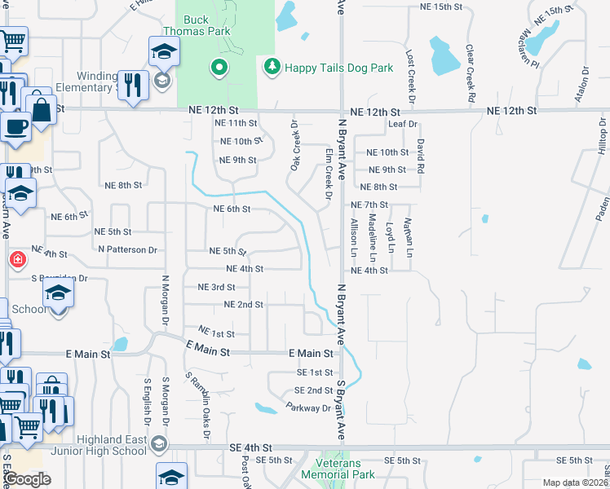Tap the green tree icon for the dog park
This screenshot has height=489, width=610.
click(271, 66)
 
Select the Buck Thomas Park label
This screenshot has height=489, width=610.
click(207, 25)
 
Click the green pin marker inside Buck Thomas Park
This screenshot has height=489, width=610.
click(219, 68)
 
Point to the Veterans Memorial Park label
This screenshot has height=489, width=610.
click(338, 468)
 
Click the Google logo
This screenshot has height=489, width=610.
click(27, 479)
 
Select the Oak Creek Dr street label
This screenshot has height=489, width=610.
click(294, 146)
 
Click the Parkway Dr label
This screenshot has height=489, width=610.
click(308, 407)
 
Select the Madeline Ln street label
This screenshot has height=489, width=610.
click(372, 232)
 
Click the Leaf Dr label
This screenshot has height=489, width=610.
click(403, 124)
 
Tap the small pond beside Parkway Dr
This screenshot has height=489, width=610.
click(266, 407)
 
